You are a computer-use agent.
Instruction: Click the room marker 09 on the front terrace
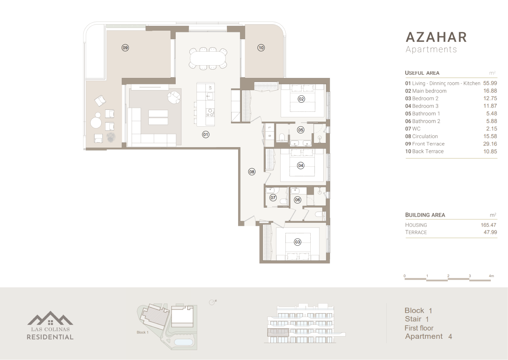pyautogui.click(x=125, y=48)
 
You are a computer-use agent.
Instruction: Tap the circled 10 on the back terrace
pyautogui.click(x=261, y=48)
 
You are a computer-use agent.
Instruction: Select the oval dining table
pyautogui.click(x=208, y=59)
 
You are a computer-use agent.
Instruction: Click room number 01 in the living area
pyautogui.click(x=206, y=135)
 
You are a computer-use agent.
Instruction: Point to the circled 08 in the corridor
pyautogui.click(x=252, y=172)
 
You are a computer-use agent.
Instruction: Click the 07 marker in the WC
pyautogui.click(x=273, y=198)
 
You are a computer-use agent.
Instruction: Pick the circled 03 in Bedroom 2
pyautogui.click(x=297, y=242)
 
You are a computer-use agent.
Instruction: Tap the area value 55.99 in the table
pyautogui.click(x=490, y=83)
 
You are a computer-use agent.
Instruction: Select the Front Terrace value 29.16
pyautogui.click(x=490, y=144)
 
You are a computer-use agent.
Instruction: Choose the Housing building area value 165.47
pyautogui.click(x=488, y=225)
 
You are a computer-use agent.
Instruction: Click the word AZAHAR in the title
pyautogui.click(x=436, y=37)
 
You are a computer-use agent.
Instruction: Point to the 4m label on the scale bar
pyautogui.click(x=491, y=276)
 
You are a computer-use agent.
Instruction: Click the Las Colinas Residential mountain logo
pyautogui.click(x=50, y=318)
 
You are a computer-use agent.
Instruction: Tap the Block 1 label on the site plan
pyautogui.click(x=143, y=332)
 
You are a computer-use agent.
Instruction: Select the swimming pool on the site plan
pyautogui.click(x=184, y=342)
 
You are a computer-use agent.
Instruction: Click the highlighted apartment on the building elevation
pyautogui.click(x=278, y=332)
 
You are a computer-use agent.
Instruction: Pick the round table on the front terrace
pyautogui.click(x=96, y=123)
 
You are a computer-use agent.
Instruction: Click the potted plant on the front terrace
pyautogui.click(x=111, y=137)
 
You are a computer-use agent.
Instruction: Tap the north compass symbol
pyautogui.click(x=213, y=302)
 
